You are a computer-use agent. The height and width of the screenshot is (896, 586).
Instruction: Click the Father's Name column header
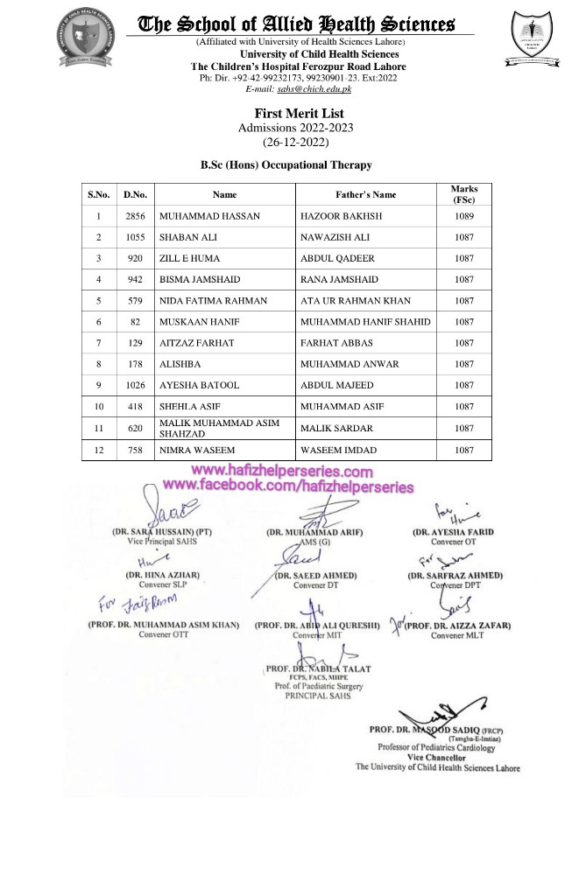click(365, 194)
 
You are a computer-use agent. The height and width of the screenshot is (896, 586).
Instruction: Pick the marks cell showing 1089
click(464, 216)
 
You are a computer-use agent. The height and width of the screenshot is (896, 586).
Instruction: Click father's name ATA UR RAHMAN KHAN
click(355, 300)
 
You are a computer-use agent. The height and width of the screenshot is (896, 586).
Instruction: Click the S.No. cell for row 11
click(99, 428)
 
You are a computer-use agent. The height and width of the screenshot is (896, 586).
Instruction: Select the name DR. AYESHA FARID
click(453, 532)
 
